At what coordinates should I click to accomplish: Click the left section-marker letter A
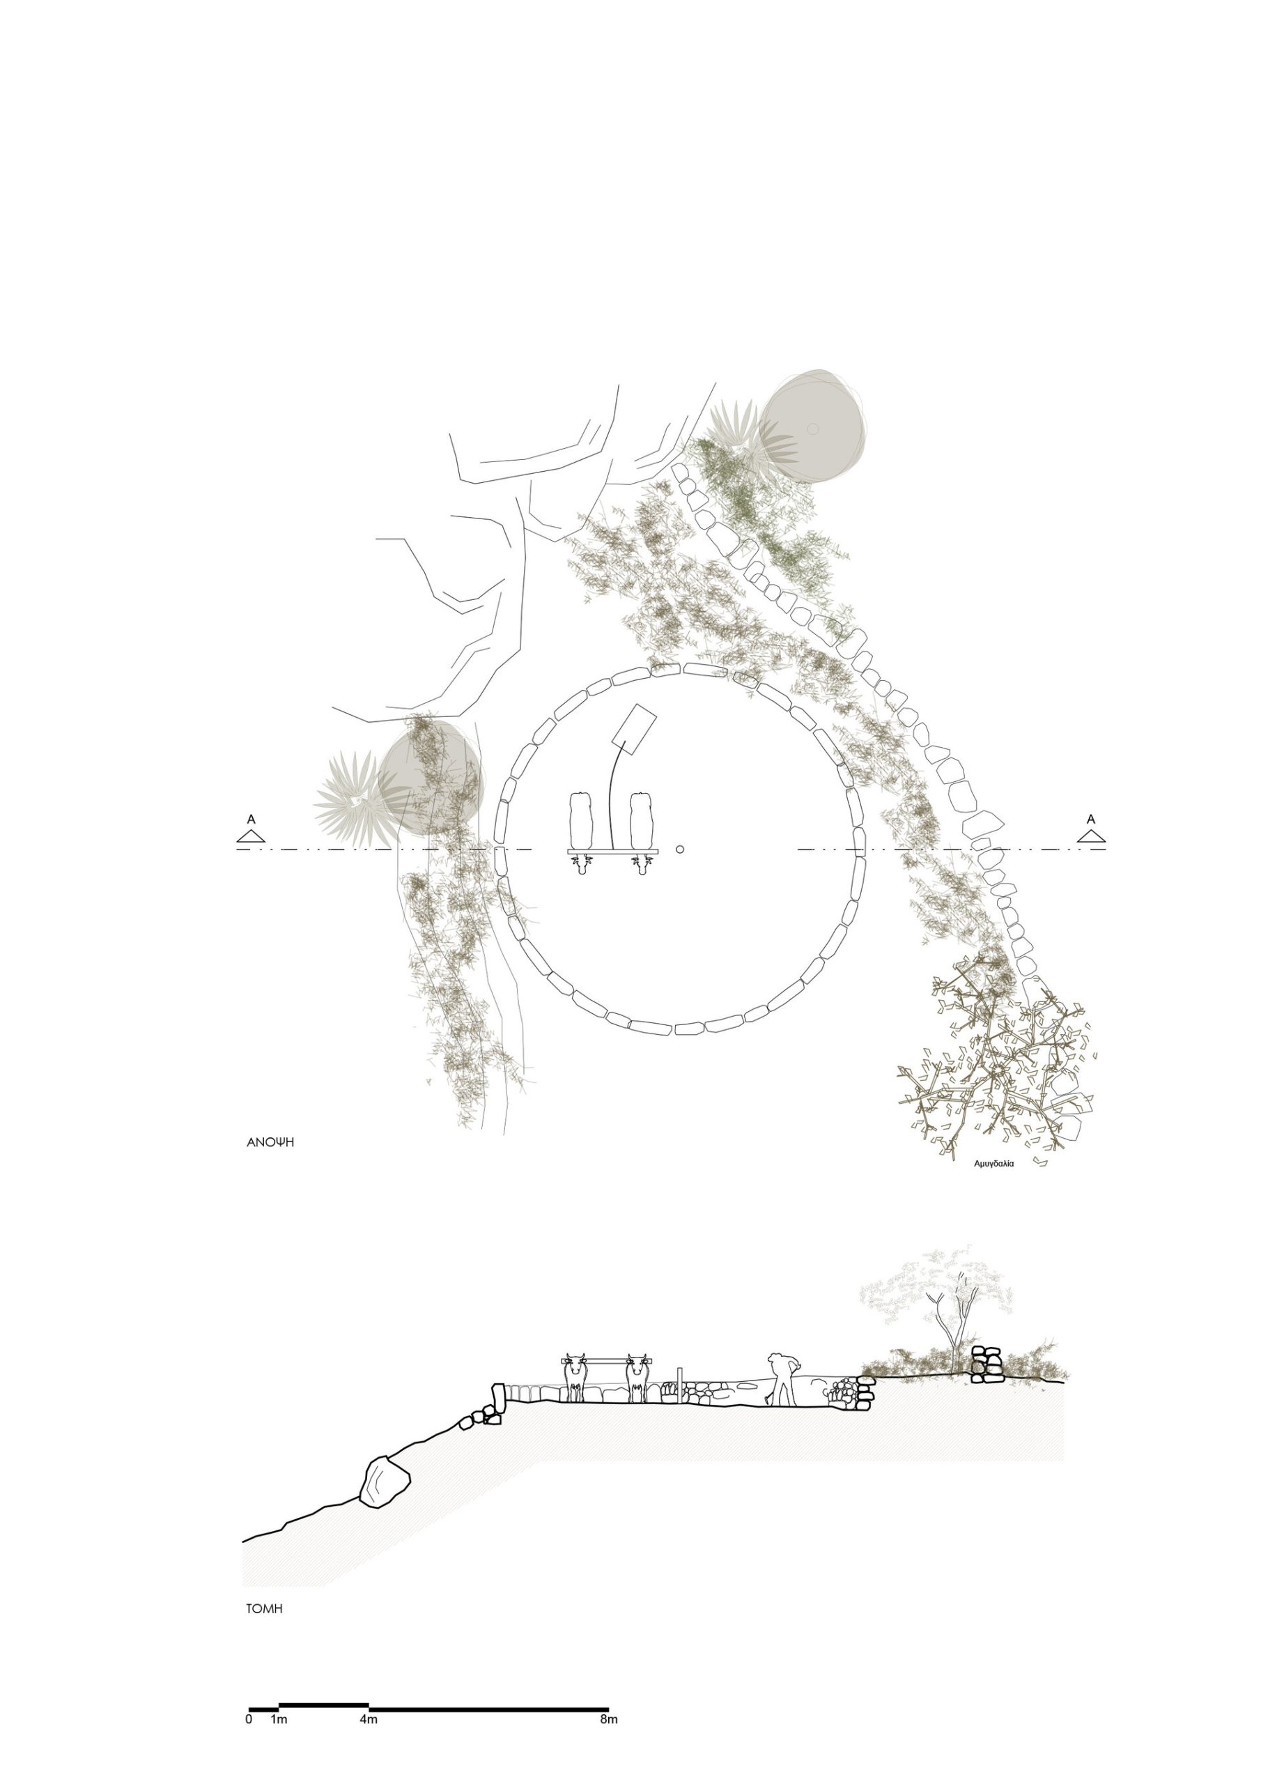251,819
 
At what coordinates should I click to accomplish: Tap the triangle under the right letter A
1092,836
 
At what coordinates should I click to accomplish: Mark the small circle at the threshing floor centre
680,849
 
